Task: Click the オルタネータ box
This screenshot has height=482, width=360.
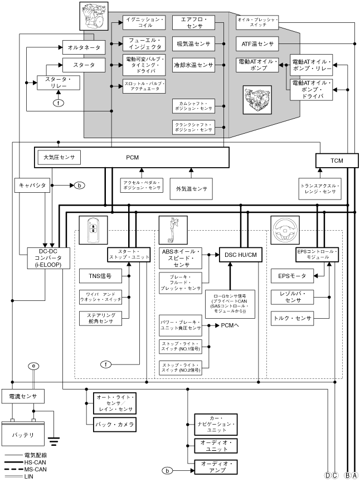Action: pyautogui.click(x=81, y=47)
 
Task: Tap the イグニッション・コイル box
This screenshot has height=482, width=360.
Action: pyautogui.click(x=144, y=22)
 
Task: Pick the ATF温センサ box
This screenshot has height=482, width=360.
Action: pyautogui.click(x=258, y=42)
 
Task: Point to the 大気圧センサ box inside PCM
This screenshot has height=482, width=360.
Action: pyautogui.click(x=59, y=157)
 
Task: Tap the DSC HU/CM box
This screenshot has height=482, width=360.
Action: pyautogui.click(x=240, y=255)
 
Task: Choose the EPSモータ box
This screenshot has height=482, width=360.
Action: pyautogui.click(x=292, y=275)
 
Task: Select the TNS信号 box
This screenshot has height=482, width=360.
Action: pyautogui.click(x=100, y=275)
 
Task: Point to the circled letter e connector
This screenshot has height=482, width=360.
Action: pyautogui.click(x=34, y=367)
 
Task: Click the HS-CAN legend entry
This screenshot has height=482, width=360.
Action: pyautogui.click(x=22, y=462)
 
